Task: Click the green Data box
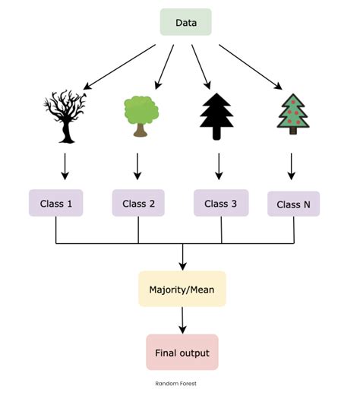(x=185, y=22)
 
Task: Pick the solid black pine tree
(x=217, y=116)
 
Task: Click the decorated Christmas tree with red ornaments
(x=293, y=114)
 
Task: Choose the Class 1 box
(x=55, y=203)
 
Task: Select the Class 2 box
(x=138, y=203)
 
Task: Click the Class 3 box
(x=221, y=203)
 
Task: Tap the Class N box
(x=293, y=204)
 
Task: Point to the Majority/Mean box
(x=182, y=289)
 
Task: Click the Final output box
(x=182, y=353)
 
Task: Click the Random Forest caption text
(x=175, y=384)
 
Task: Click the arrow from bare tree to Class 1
(x=65, y=166)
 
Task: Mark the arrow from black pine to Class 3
(x=219, y=166)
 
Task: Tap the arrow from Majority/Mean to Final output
(x=182, y=320)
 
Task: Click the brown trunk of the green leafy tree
(x=140, y=130)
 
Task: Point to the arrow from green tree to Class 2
(x=137, y=166)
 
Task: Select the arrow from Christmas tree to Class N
(x=292, y=166)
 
